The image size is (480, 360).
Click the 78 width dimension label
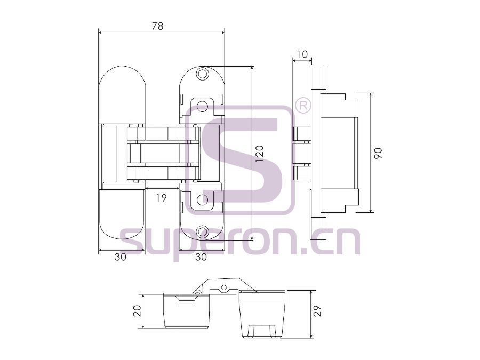point(158,26)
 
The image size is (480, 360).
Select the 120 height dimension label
point(259,154)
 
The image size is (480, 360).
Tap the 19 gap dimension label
point(161,198)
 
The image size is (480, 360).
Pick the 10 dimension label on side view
point(302,54)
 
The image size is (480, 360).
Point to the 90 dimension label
point(378,153)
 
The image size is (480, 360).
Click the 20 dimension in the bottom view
point(138,311)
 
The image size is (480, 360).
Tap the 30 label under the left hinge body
point(121,257)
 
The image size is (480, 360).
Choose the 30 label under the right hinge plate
point(201,257)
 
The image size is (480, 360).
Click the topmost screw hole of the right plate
point(202,74)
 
